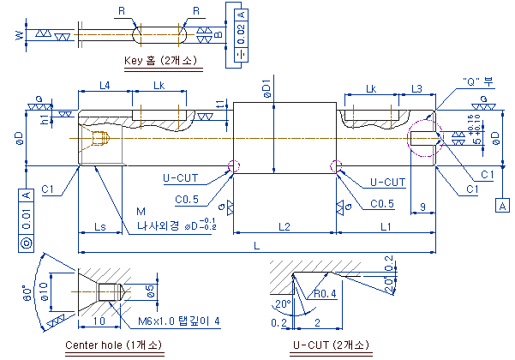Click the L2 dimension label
284,226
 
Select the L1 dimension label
386,226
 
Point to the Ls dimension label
99,226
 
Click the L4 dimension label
104,86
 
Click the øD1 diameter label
266,87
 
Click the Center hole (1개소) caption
112,345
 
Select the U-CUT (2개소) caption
332,345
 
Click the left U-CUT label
182,179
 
